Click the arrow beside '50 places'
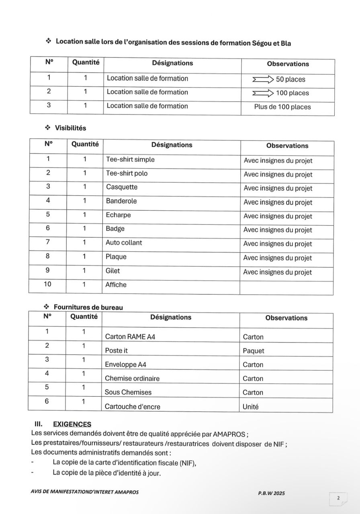(263, 79)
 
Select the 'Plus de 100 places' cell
(282, 107)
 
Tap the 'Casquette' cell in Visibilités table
(122, 187)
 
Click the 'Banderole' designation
(121, 201)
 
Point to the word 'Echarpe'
(118, 215)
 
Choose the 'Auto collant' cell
(124, 243)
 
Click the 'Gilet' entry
(112, 271)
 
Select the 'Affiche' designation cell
(116, 285)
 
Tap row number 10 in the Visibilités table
(47, 284)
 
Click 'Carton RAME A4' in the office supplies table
(130, 337)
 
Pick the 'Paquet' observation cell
(254, 351)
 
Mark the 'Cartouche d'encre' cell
(132, 406)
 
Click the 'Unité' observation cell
(251, 406)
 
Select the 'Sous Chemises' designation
(128, 392)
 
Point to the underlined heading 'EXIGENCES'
(72, 424)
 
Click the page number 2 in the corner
(338, 498)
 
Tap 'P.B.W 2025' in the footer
(272, 493)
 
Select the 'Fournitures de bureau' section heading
(88, 307)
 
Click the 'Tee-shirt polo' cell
(127, 173)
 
